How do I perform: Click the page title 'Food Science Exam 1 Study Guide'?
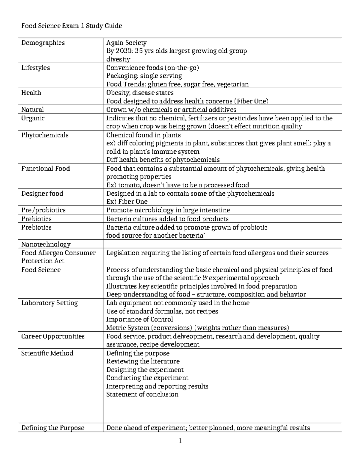(71, 26)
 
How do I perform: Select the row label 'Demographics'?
(43, 43)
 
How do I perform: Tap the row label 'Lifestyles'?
(35, 68)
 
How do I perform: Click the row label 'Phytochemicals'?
(45, 135)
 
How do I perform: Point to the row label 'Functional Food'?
(45, 169)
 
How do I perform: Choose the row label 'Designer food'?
(42, 194)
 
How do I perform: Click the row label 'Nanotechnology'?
(46, 244)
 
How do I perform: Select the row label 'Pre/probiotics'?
(43, 210)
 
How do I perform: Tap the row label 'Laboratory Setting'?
(49, 303)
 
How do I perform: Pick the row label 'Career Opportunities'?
(53, 336)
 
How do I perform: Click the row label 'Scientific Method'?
(47, 353)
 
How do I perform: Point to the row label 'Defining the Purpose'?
(53, 428)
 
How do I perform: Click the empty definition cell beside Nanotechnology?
(222, 244)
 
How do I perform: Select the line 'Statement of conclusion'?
(142, 394)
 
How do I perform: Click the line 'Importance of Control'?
(139, 320)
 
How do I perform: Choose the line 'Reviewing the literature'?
(143, 361)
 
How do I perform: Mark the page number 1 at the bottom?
(180, 441)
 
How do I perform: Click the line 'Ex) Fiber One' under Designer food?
(127, 202)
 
